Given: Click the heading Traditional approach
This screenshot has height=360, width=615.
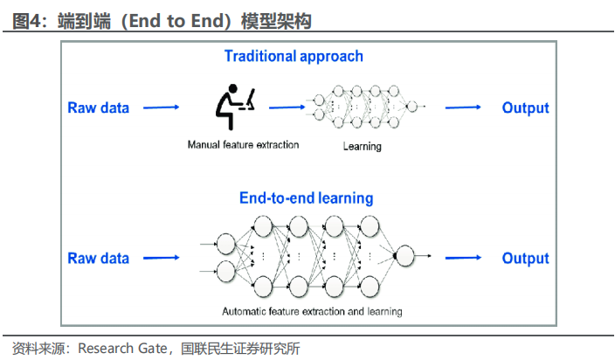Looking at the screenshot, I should point(294,57).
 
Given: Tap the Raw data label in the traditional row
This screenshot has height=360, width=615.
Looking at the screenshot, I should point(99,108).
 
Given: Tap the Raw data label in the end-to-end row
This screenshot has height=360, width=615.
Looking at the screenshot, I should point(99,259).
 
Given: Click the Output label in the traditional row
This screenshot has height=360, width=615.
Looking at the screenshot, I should point(525,108).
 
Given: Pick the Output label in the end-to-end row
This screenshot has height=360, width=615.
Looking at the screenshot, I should point(525,259).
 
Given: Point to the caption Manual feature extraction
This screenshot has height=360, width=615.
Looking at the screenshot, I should point(243,144).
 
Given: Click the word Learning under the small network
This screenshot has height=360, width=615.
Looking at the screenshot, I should point(362,146).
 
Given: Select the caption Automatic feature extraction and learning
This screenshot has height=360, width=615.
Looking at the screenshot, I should point(312,312).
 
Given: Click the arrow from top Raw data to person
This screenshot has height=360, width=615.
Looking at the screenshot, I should point(161,108).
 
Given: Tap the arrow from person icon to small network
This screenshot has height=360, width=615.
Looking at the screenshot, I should point(284,107).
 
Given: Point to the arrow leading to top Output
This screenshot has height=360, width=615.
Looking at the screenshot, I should point(463,107).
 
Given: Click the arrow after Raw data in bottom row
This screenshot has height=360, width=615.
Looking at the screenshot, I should point(161,259).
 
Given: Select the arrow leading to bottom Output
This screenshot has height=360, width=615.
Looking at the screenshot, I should point(463,259).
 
